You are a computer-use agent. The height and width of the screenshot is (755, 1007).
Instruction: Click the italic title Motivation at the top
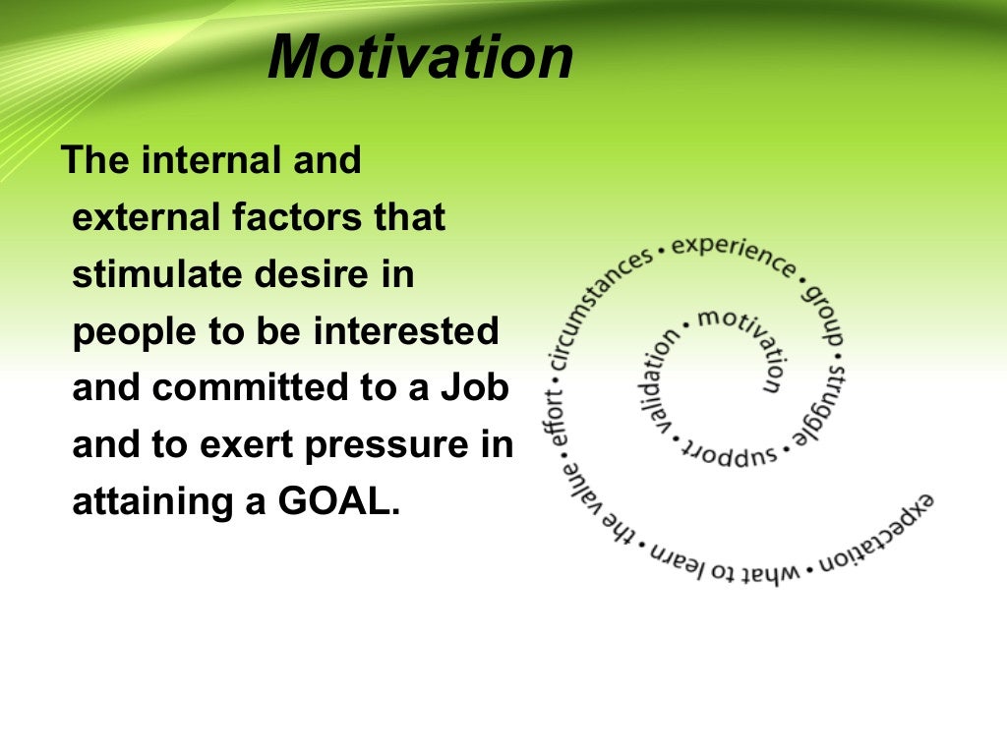point(420,57)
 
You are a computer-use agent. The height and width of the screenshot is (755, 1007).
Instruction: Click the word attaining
point(149,503)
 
